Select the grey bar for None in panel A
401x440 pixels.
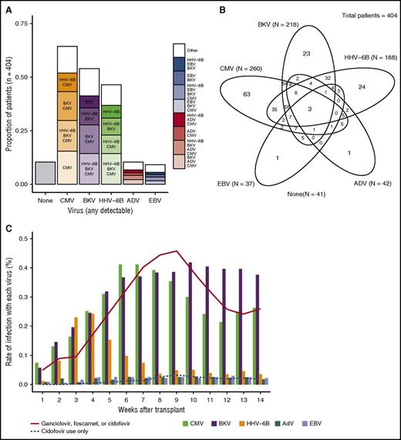pyautogui.click(x=45, y=173)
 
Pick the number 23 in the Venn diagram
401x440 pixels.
pyautogui.click(x=306, y=52)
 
